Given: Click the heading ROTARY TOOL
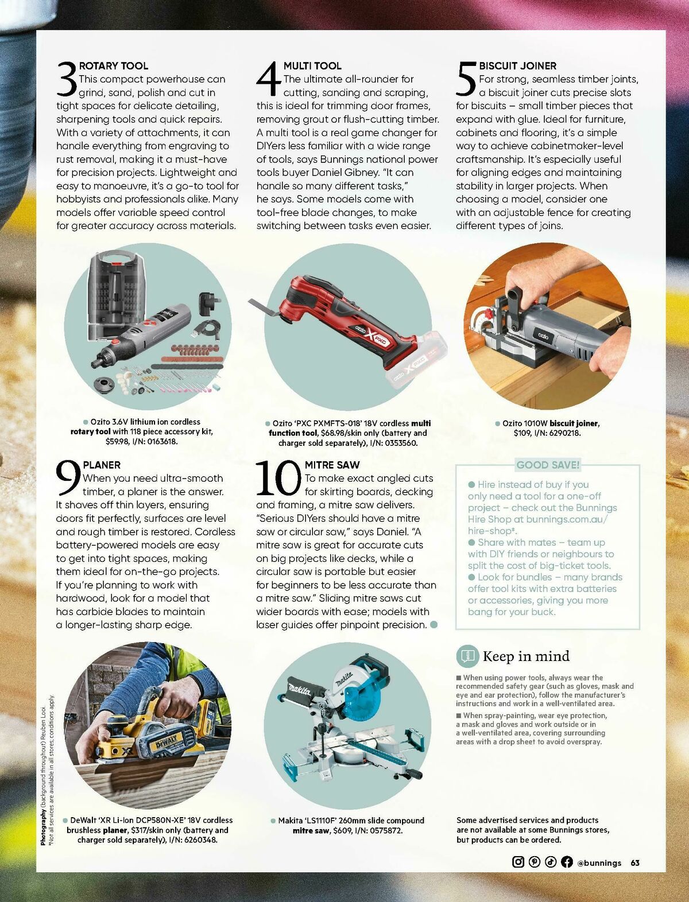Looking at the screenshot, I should (x=113, y=66).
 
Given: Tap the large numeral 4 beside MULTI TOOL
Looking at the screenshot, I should (x=269, y=80).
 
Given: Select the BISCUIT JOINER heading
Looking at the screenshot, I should (x=517, y=66).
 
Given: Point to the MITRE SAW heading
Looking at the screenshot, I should (x=332, y=465).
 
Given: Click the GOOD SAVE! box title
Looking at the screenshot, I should (x=548, y=465).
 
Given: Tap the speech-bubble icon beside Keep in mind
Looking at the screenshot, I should (x=467, y=656).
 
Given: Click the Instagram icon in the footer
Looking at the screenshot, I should (x=518, y=862).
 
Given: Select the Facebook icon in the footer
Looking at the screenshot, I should (x=567, y=862).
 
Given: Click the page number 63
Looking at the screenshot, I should (x=635, y=862).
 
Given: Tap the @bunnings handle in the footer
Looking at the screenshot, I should (x=599, y=862).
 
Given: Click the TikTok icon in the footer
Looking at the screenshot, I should (x=551, y=862).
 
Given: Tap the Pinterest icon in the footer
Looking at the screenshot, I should (x=535, y=862).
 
